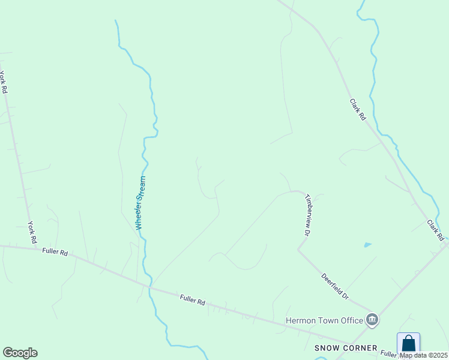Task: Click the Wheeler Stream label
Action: pyautogui.click(x=140, y=202)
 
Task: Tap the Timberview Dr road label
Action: pyautogui.click(x=308, y=214)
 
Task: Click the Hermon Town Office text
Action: pyautogui.click(x=324, y=320)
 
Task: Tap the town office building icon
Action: pyautogui.click(x=372, y=320)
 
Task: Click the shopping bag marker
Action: pyautogui.click(x=408, y=344)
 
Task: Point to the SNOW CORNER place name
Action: pyautogui.click(x=346, y=348)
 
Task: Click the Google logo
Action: pyautogui.click(x=20, y=353)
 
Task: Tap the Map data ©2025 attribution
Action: pyautogui.click(x=423, y=355)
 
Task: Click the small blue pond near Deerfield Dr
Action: pyautogui.click(x=367, y=245)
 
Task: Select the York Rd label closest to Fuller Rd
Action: pyautogui.click(x=32, y=232)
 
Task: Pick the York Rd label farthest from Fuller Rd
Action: pyautogui.click(x=4, y=82)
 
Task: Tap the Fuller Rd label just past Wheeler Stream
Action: pyautogui.click(x=192, y=299)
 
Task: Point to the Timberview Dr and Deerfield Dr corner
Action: pyautogui.click(x=298, y=249)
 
